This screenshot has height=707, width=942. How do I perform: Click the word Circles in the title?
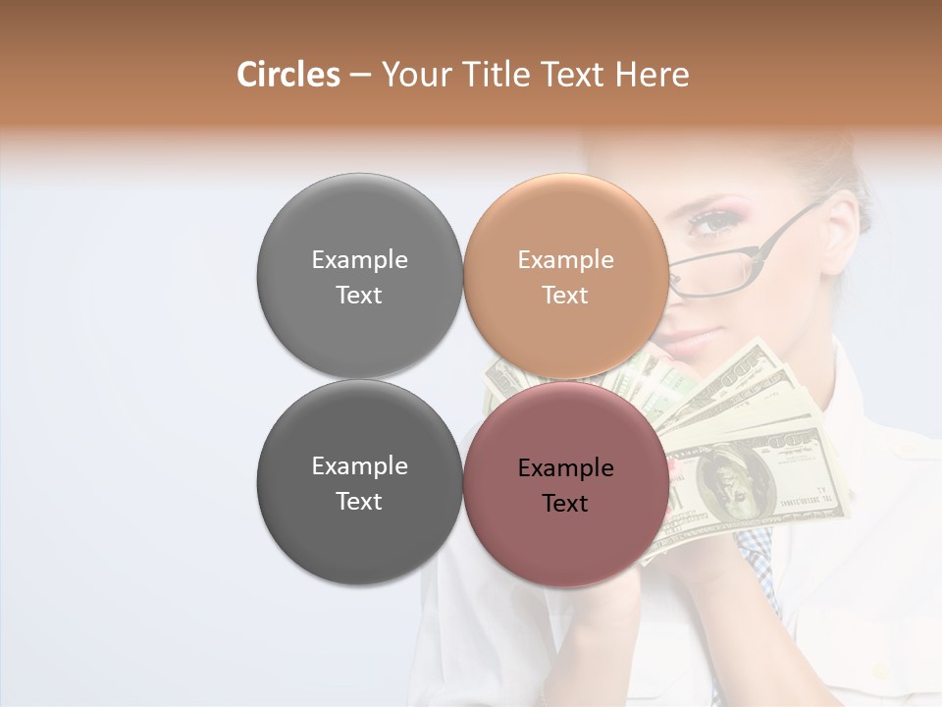tap(288, 75)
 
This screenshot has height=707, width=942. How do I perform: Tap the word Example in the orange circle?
tap(565, 260)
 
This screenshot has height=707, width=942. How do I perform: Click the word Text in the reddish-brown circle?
tap(565, 504)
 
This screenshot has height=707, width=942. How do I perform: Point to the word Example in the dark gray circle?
tap(359, 466)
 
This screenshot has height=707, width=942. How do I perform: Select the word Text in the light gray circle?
tap(359, 296)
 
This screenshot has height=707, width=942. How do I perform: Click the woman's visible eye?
tap(708, 225)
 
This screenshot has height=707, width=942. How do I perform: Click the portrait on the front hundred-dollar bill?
tap(728, 481)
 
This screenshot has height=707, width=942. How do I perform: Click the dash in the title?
tap(360, 75)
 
